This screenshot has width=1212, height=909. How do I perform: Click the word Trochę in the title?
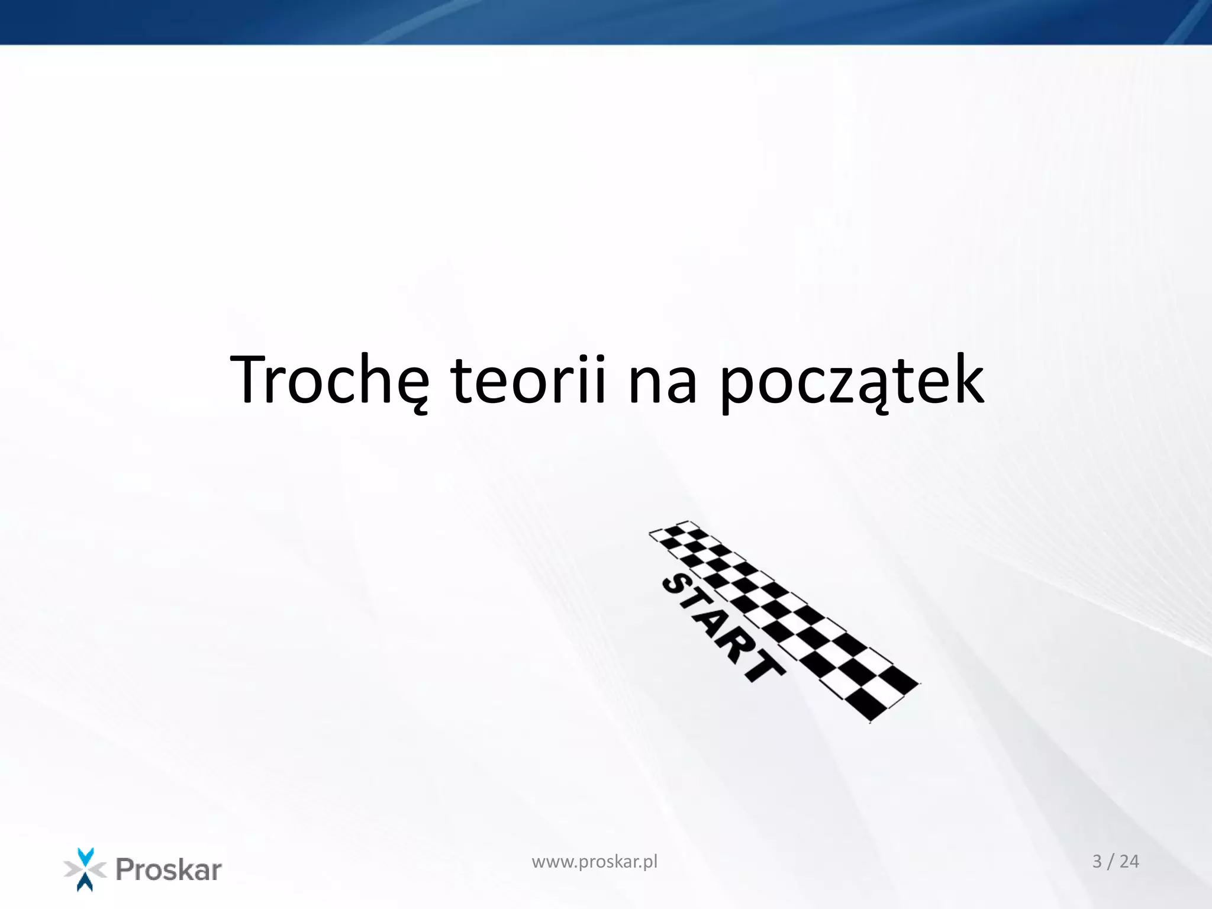329,380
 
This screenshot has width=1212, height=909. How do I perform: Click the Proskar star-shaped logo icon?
85,869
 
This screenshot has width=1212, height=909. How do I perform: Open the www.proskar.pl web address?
594,862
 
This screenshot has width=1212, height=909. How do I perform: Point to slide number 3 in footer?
1097,862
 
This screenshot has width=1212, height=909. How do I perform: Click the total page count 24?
1129,862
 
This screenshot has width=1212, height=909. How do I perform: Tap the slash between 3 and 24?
1111,862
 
